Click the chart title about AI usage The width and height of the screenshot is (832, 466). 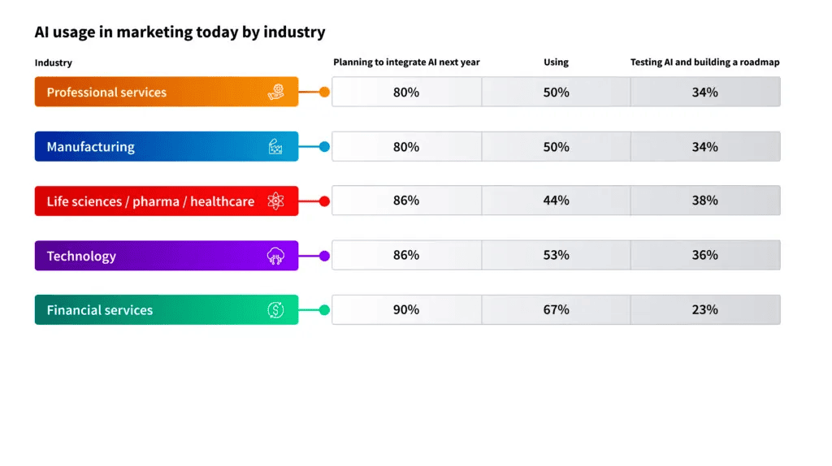tap(180, 32)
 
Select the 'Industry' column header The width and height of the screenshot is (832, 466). tap(53, 63)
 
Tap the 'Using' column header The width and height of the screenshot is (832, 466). tap(556, 62)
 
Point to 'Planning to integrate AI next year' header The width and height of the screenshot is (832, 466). tap(406, 62)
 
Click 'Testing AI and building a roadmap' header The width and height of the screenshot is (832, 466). tap(704, 62)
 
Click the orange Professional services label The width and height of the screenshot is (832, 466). tap(167, 92)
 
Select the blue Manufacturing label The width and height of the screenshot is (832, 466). tap(167, 146)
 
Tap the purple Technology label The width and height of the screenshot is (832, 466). tap(167, 256)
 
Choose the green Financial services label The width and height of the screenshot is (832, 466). tap(167, 309)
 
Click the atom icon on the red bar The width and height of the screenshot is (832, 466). tap(275, 201)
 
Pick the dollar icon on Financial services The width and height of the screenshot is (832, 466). tap(275, 309)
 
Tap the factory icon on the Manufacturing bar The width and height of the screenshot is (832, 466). tap(275, 146)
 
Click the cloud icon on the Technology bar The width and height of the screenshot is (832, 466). tap(275, 256)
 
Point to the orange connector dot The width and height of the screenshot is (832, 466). tap(324, 93)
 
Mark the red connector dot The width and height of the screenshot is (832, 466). tap(324, 201)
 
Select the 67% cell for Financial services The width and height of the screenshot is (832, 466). tap(556, 309)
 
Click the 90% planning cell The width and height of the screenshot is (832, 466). tap(406, 309)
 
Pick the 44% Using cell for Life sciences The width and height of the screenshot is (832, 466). tap(556, 201)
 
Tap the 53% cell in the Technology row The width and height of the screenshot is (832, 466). tap(556, 255)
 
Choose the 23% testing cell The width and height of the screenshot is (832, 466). tap(705, 309)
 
